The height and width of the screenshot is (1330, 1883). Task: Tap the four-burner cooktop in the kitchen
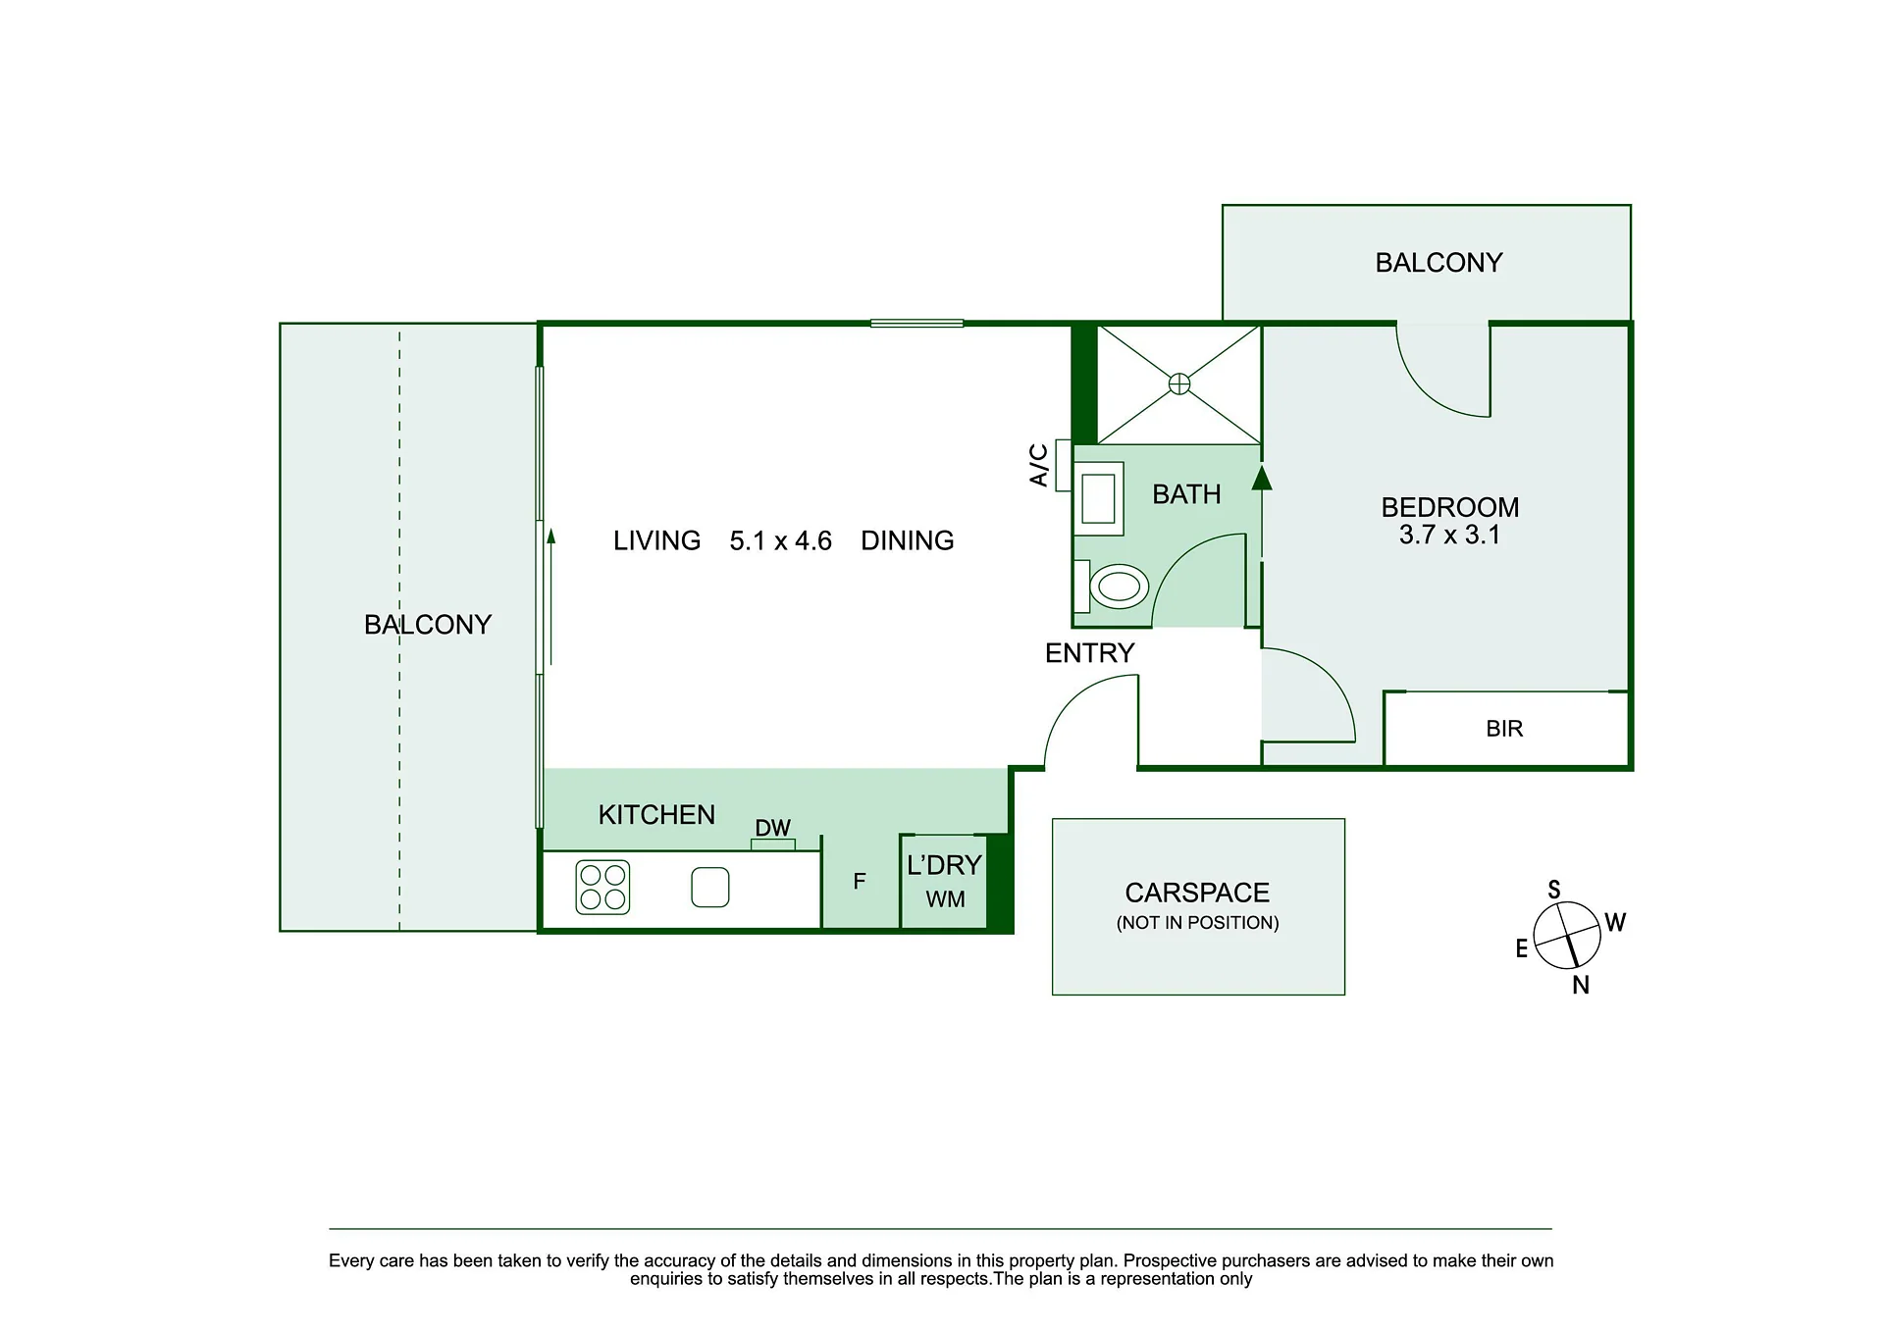click(602, 888)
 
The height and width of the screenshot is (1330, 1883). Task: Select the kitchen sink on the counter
click(710, 888)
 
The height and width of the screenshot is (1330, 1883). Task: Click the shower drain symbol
click(1179, 384)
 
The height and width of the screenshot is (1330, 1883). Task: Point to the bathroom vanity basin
click(1098, 498)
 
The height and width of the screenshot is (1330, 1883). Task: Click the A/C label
click(1039, 465)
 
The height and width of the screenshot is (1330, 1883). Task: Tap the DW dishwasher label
click(773, 828)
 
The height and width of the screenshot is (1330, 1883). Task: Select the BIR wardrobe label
click(1504, 729)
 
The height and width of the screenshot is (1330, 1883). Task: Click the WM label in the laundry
click(945, 899)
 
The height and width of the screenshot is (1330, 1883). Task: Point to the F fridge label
click(860, 882)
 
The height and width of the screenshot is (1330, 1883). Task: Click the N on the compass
click(1581, 986)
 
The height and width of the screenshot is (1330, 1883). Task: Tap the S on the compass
click(1554, 891)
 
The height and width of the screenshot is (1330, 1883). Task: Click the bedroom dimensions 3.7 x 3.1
click(1449, 536)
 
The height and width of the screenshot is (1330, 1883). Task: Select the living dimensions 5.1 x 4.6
click(780, 541)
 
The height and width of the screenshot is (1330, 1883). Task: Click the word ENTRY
click(1089, 653)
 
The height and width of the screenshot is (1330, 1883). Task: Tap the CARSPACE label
click(1197, 893)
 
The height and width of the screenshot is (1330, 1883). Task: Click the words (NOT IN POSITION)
click(1197, 923)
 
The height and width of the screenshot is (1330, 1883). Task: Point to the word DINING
click(907, 541)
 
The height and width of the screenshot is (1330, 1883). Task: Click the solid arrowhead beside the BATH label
click(1262, 478)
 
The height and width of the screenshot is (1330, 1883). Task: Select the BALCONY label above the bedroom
click(1438, 263)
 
